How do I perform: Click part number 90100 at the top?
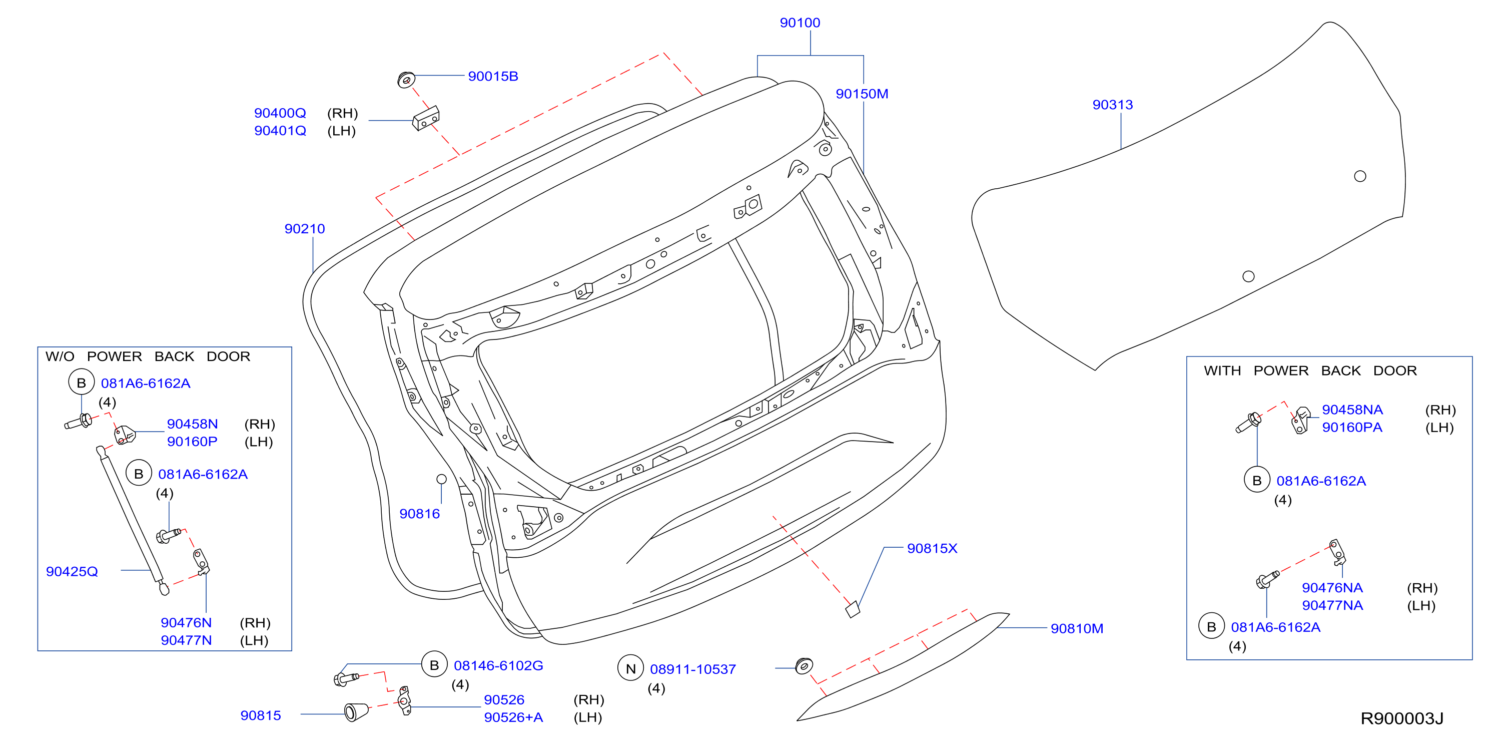[x=800, y=23]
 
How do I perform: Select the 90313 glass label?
[x=1113, y=105]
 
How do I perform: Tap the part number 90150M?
[x=862, y=94]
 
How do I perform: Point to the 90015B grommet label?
[x=493, y=76]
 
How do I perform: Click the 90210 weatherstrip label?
[x=305, y=229]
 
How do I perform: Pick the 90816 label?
[x=420, y=514]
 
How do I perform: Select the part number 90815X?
[x=932, y=548]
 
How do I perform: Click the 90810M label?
[x=1077, y=629]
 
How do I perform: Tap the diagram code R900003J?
[x=1401, y=718]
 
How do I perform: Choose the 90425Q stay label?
[x=72, y=572]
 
